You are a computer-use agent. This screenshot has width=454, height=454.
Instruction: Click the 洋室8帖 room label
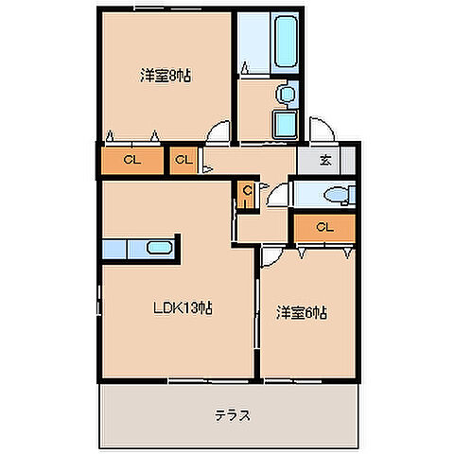click(x=166, y=77)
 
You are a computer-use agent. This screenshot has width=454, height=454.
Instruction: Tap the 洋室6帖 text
click(x=302, y=311)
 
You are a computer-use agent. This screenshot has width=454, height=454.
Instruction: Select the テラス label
click(x=231, y=413)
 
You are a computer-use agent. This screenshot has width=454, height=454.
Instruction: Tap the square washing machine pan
click(x=285, y=124)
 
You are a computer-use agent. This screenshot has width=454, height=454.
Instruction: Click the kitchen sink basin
click(x=158, y=250)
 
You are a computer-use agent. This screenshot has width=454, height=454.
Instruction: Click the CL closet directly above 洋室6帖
click(x=323, y=227)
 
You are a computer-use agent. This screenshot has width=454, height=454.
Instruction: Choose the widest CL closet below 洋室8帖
click(x=131, y=160)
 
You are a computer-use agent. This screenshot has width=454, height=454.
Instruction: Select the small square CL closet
click(x=183, y=160)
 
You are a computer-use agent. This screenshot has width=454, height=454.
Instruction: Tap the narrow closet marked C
click(x=246, y=193)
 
